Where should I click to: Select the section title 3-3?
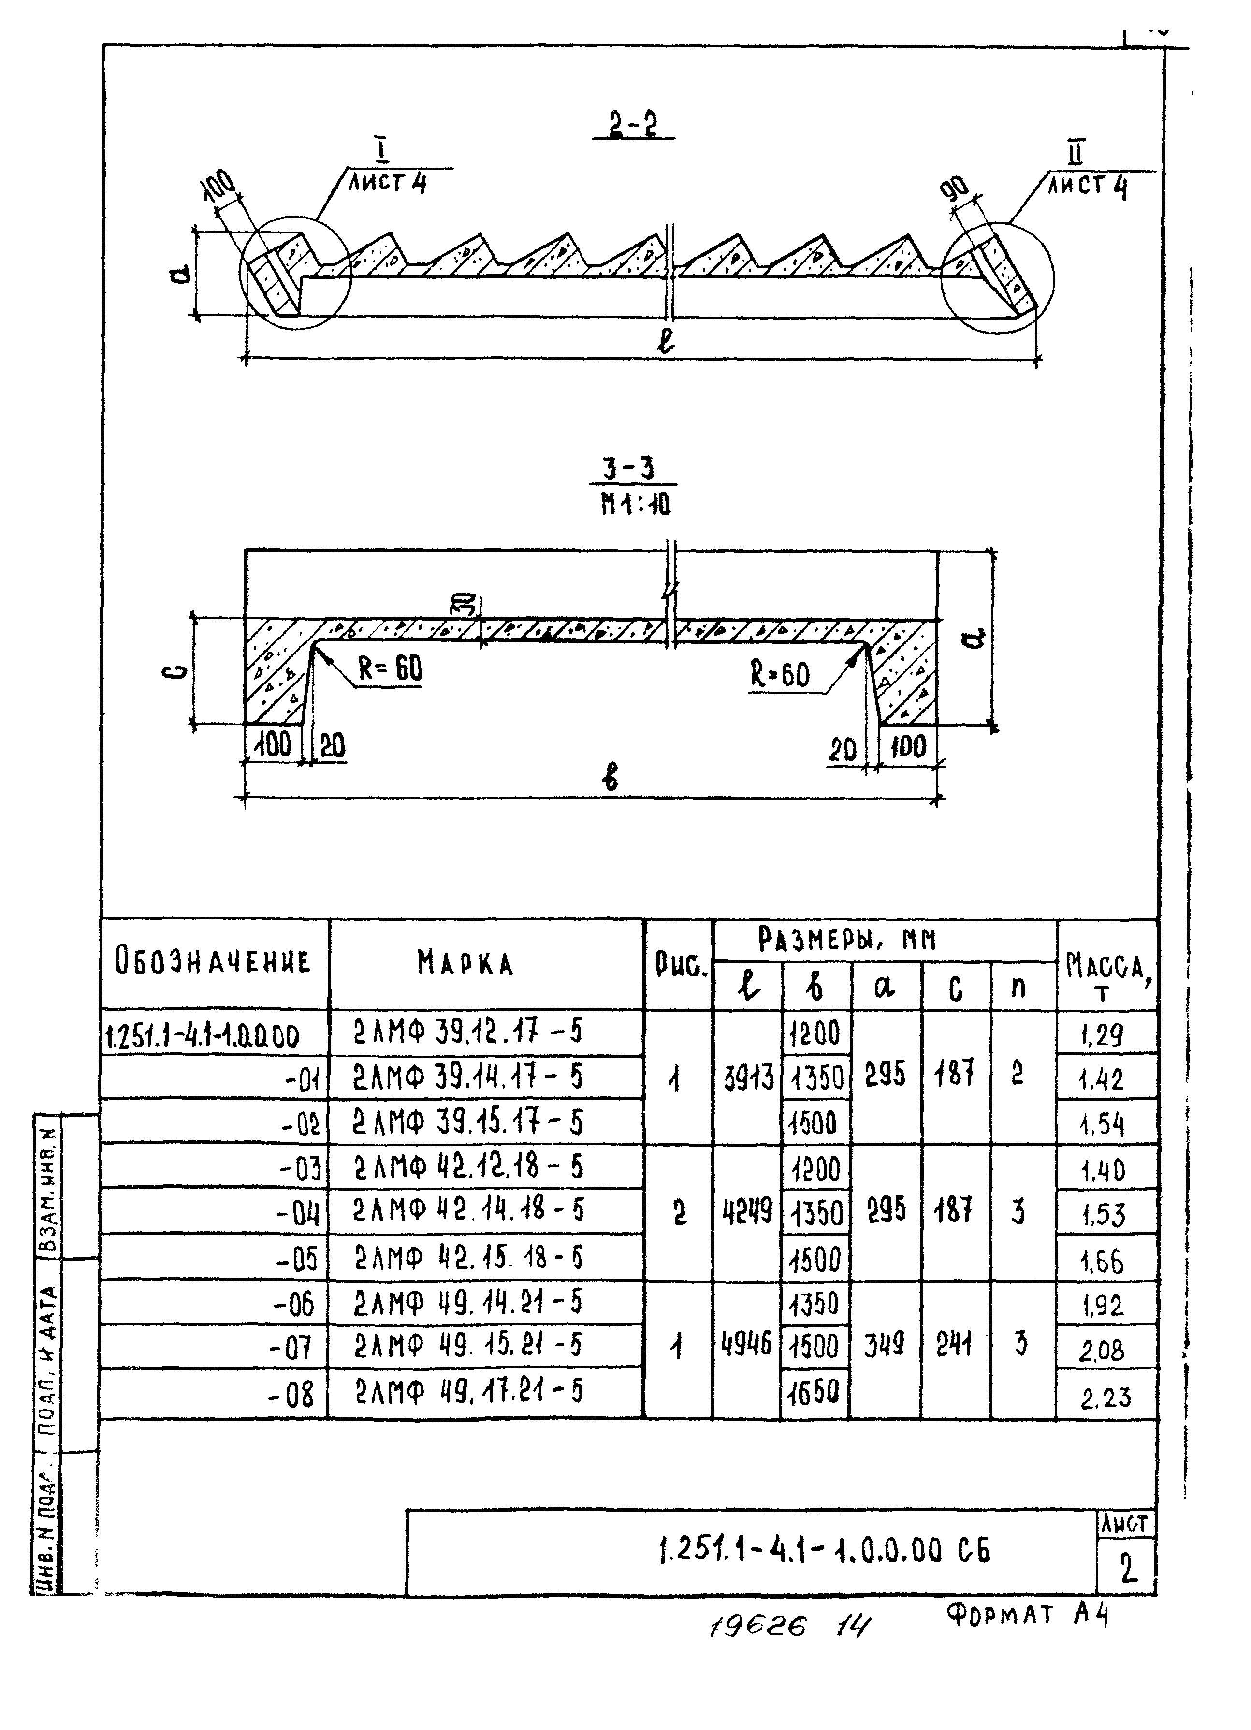point(632,469)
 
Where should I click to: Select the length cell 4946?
point(746,1342)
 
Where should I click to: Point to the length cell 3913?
point(748,1078)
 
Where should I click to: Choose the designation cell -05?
point(296,1259)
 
